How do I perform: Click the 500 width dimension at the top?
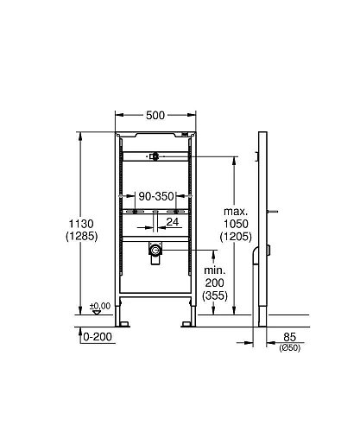(x=155, y=115)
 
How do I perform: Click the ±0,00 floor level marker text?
(x=100, y=305)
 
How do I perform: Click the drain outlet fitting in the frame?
(x=156, y=251)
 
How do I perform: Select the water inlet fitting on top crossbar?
(x=154, y=156)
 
